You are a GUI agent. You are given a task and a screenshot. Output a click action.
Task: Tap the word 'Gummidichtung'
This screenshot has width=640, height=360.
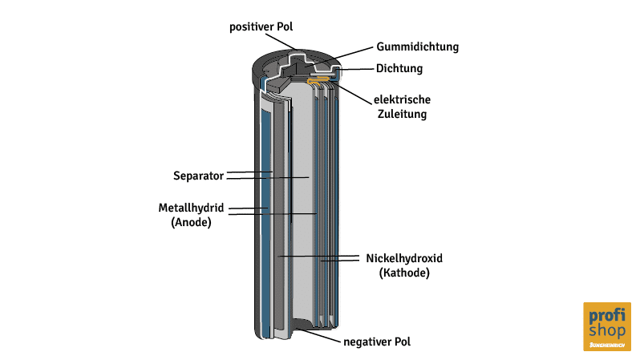coord(417,47)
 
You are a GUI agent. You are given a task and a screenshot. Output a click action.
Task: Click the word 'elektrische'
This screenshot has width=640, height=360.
coord(402,99)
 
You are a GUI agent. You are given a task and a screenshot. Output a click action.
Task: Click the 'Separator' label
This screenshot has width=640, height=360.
coord(197,176)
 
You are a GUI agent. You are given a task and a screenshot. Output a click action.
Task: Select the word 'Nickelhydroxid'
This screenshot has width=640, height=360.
coord(404,259)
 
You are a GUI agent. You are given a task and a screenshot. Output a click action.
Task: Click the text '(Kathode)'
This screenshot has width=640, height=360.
coord(404,273)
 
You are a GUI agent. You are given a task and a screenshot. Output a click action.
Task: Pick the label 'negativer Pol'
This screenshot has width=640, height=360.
coord(377,342)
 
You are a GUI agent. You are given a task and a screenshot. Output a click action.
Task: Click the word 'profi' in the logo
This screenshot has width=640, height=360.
coord(606,315)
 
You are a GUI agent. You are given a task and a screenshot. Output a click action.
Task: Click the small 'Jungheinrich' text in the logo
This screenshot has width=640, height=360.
coord(606,344)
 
